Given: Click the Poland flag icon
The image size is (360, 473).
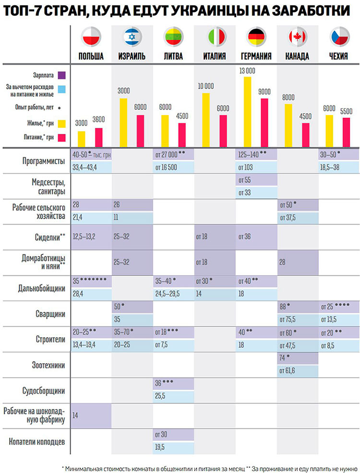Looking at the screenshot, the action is tap(91, 37).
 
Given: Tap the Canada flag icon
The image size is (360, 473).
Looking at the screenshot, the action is tap(297, 37).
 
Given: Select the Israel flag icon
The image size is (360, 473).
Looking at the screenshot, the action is tap(132, 37).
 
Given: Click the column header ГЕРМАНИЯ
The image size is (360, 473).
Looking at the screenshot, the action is tap(256, 57).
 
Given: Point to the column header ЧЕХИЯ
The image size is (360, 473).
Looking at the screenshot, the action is tap(338, 57).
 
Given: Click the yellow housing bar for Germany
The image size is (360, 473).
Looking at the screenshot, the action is tap(248, 112).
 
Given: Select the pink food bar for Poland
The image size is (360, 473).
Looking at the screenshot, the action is tap(99, 138).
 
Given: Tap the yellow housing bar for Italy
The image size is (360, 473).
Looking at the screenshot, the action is tap(206, 120).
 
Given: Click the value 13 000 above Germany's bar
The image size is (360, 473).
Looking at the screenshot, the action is tap(247, 71).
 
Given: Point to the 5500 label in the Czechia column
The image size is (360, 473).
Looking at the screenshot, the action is tap(346, 111).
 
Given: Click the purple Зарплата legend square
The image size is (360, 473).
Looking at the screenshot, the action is tap(62, 75).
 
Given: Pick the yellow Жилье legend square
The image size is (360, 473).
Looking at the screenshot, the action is tap(62, 124).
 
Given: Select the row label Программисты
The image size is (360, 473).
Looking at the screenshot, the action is tap(44, 161).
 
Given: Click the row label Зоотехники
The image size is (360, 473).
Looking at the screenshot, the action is tap(48, 366).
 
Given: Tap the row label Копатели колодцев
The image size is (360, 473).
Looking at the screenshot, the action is tap(37, 442).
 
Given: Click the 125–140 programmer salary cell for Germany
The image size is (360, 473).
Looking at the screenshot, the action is tap(256, 155).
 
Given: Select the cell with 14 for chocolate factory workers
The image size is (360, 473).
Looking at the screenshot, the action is tap(91, 416).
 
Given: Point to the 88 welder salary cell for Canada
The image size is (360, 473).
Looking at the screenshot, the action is tap(298, 307).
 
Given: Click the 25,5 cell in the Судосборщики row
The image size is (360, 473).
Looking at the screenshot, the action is tap(173, 396).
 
